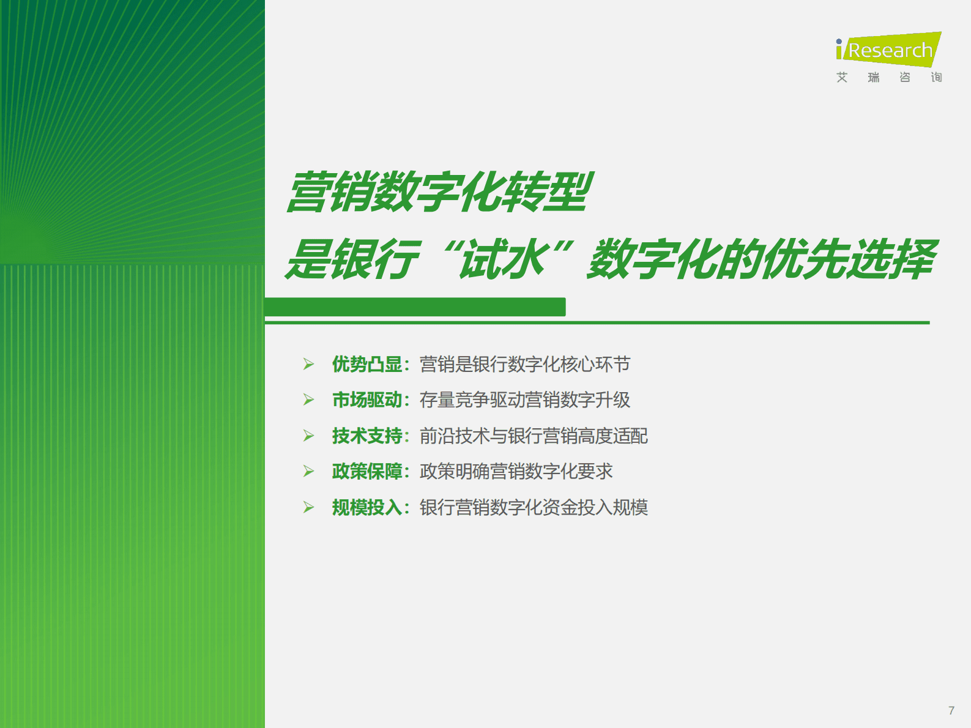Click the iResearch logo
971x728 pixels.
(888, 50)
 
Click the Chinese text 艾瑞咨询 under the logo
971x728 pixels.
(888, 77)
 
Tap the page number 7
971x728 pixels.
(951, 710)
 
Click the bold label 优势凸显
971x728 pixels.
(366, 365)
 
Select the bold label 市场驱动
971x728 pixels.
(366, 400)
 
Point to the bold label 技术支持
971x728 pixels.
(366, 436)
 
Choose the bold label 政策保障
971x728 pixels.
(366, 472)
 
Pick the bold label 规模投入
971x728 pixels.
(366, 508)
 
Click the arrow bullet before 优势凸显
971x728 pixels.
(308, 365)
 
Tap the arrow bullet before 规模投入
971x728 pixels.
(308, 508)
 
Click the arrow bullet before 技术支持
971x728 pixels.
(308, 436)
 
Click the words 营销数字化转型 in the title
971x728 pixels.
(439, 192)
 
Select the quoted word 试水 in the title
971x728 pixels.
(503, 259)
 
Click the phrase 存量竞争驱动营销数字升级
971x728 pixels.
(524, 400)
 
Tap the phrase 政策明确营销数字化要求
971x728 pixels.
(516, 472)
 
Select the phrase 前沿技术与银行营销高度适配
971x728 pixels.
(533, 436)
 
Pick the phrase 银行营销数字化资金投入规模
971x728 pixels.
(533, 508)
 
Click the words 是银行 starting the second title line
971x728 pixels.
(352, 259)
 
